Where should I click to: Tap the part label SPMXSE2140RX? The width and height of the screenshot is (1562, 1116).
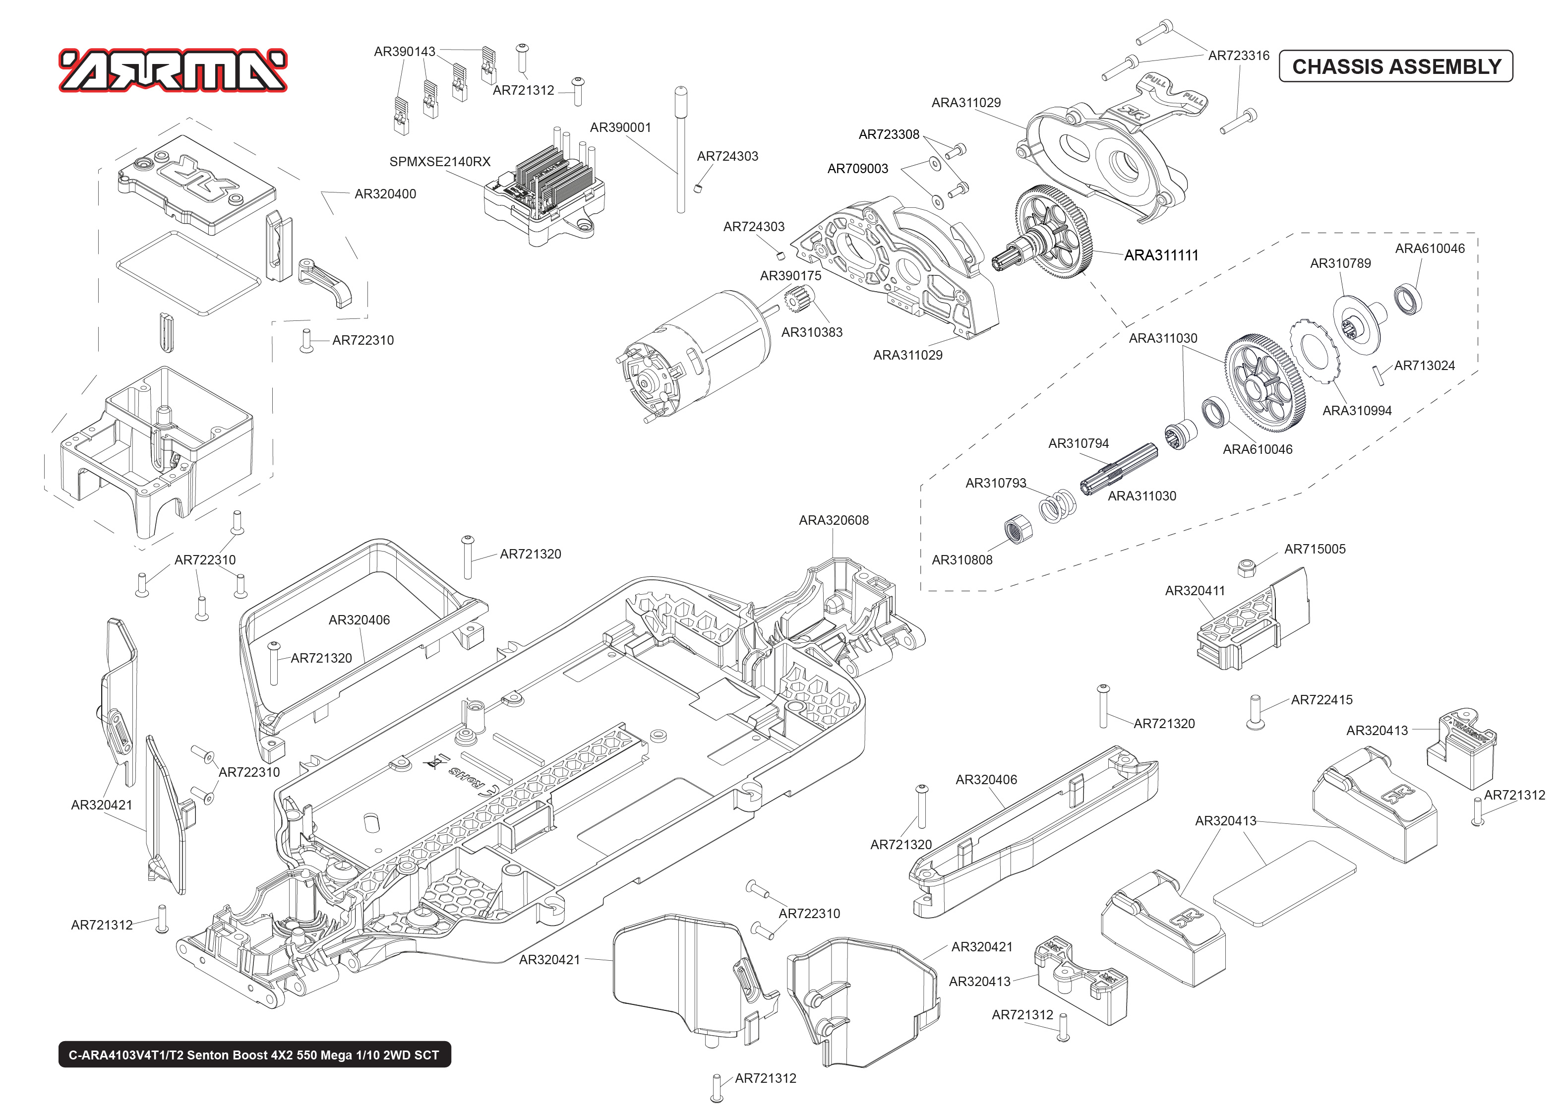pos(440,162)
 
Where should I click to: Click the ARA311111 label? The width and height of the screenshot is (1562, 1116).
pos(1161,255)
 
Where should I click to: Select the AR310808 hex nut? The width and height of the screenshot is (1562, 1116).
pos(1018,529)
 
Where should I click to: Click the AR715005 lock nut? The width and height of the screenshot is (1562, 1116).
pos(1247,567)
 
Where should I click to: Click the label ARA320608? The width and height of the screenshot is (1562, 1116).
pos(833,520)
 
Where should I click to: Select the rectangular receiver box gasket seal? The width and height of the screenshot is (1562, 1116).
pos(188,273)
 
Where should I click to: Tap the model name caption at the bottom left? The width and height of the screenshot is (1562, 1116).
pos(254,1055)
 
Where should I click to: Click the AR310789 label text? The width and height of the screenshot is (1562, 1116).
pos(1340,263)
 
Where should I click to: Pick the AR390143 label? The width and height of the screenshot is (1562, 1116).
pos(404,52)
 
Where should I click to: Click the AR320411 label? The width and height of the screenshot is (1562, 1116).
pos(1195,590)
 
